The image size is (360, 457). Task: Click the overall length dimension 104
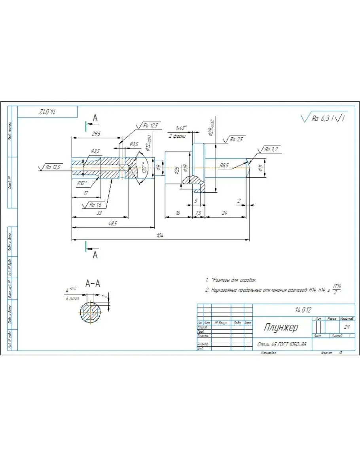[x=160, y=236]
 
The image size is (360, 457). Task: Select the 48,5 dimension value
[x=113, y=224]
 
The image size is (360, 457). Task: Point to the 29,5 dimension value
[x=96, y=134]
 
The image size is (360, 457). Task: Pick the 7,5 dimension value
[x=199, y=213]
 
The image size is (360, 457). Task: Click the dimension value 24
[x=224, y=213]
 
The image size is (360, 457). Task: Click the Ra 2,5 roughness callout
[x=237, y=139]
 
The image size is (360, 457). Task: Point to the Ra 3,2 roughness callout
[x=272, y=149]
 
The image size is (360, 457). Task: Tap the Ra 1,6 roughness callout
[x=95, y=205]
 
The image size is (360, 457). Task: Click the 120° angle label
[x=145, y=169]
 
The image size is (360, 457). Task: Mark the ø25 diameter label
[x=177, y=170]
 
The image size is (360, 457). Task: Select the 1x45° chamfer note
[x=181, y=128]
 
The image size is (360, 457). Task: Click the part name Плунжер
[x=281, y=328]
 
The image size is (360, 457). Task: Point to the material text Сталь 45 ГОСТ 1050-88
[x=281, y=344]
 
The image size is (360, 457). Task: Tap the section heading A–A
[x=93, y=283]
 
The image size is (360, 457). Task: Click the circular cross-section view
[x=91, y=313]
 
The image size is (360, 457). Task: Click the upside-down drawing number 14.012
[x=48, y=112]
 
